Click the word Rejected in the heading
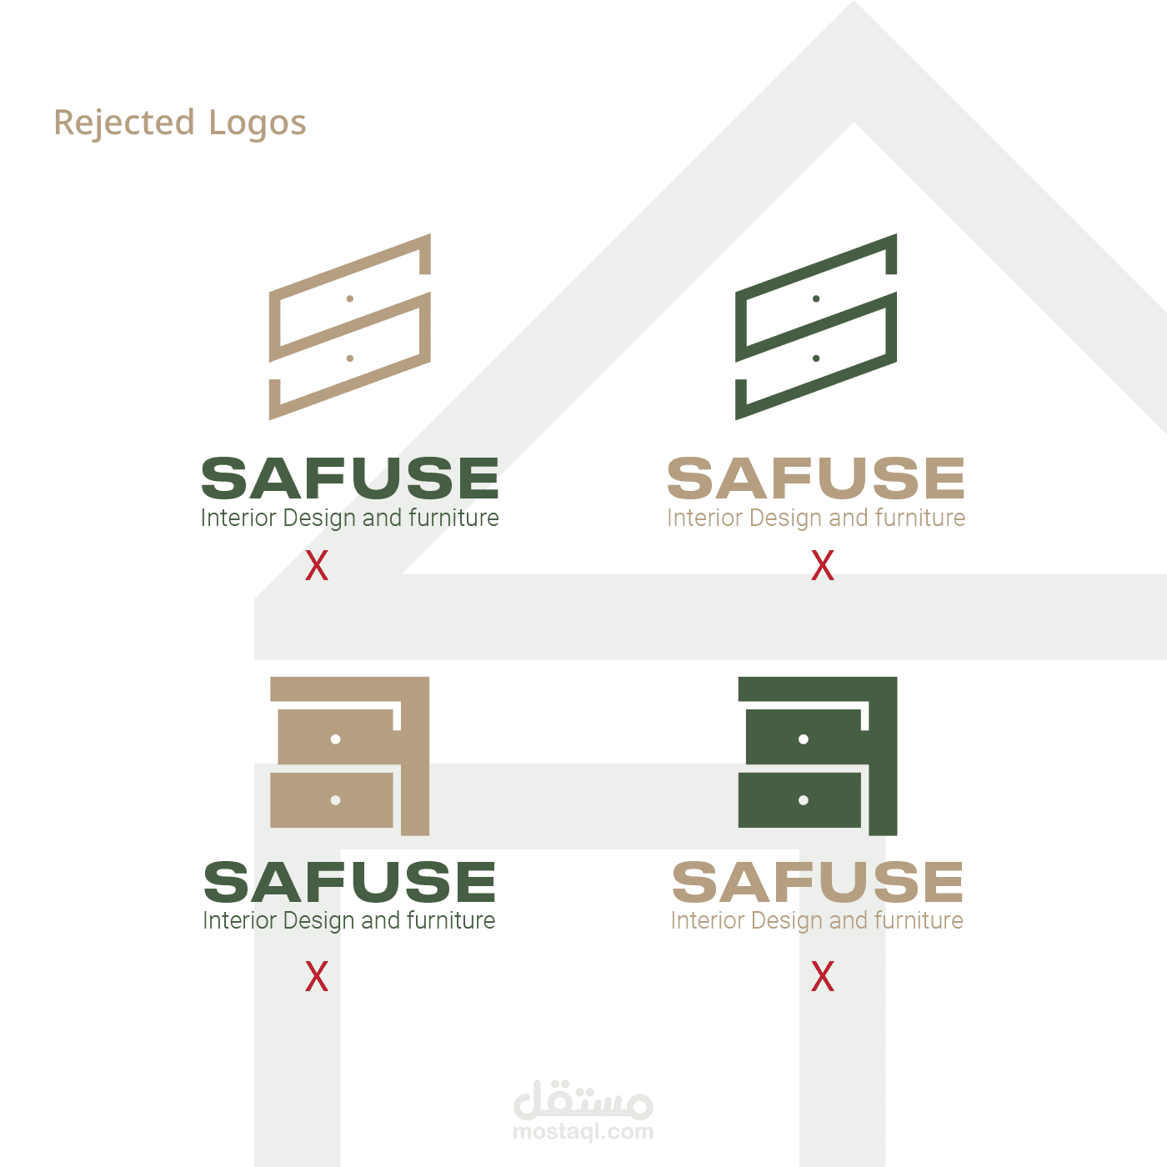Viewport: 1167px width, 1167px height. tap(124, 123)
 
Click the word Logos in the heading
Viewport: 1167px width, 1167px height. tap(257, 123)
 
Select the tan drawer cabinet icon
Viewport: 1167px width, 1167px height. tap(350, 754)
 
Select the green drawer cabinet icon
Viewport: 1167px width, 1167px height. tap(817, 754)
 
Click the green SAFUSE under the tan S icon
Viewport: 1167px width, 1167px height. tap(350, 478)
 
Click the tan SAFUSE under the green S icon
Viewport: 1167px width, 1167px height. tap(816, 478)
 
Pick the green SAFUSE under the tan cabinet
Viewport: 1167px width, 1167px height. tap(350, 882)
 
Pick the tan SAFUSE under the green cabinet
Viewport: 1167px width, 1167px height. tap(817, 882)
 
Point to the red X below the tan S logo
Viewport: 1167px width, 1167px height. tap(317, 566)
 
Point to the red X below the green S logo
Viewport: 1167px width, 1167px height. tap(823, 566)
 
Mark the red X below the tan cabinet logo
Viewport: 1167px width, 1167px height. tap(317, 976)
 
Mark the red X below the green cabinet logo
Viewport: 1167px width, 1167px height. tap(823, 976)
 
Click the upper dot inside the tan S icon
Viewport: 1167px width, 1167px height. tap(350, 298)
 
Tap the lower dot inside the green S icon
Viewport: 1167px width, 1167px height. tap(816, 358)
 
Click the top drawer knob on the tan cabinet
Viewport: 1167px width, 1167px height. tap(335, 739)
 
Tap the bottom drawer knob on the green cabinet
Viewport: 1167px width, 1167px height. tap(804, 800)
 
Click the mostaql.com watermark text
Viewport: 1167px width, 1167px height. tap(583, 1132)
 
